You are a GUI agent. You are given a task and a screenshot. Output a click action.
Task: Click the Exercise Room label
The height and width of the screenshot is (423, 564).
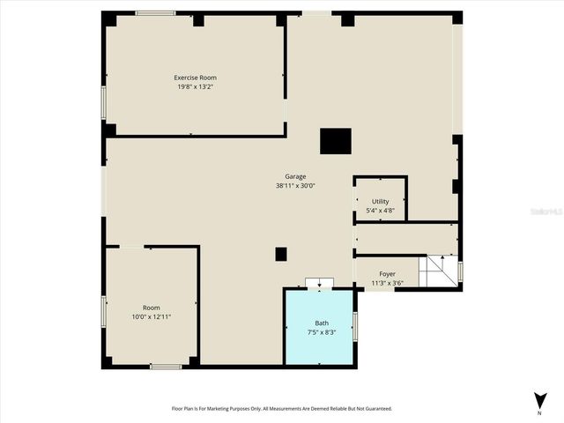195,78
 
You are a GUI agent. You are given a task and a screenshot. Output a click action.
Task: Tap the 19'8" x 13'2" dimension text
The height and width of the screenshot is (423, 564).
195,86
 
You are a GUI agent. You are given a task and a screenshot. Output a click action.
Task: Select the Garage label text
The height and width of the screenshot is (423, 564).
295,176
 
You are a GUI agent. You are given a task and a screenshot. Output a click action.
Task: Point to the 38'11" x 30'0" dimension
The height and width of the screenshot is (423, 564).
295,186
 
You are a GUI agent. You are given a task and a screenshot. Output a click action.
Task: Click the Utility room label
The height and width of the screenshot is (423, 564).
381,202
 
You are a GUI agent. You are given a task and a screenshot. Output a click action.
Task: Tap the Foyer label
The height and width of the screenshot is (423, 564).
388,274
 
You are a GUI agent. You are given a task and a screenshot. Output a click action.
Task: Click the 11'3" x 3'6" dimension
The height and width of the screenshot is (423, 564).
388,283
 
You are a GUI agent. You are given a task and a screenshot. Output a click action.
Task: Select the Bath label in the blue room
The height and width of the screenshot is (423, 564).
322,323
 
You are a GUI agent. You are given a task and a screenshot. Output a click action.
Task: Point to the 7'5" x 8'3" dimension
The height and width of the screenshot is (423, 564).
322,332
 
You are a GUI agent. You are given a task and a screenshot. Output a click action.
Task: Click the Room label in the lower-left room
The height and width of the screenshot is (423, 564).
152,308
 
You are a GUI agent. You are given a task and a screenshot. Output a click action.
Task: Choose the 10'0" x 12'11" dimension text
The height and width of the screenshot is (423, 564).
152,316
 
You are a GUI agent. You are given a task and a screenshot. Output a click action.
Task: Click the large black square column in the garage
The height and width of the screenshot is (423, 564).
336,141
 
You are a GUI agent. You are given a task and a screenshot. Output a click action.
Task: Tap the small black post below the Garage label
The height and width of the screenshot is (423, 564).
281,254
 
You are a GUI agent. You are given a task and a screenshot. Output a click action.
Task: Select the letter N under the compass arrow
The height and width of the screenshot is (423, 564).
539,412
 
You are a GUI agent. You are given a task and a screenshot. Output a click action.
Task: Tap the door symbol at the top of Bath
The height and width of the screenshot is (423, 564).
319,283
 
